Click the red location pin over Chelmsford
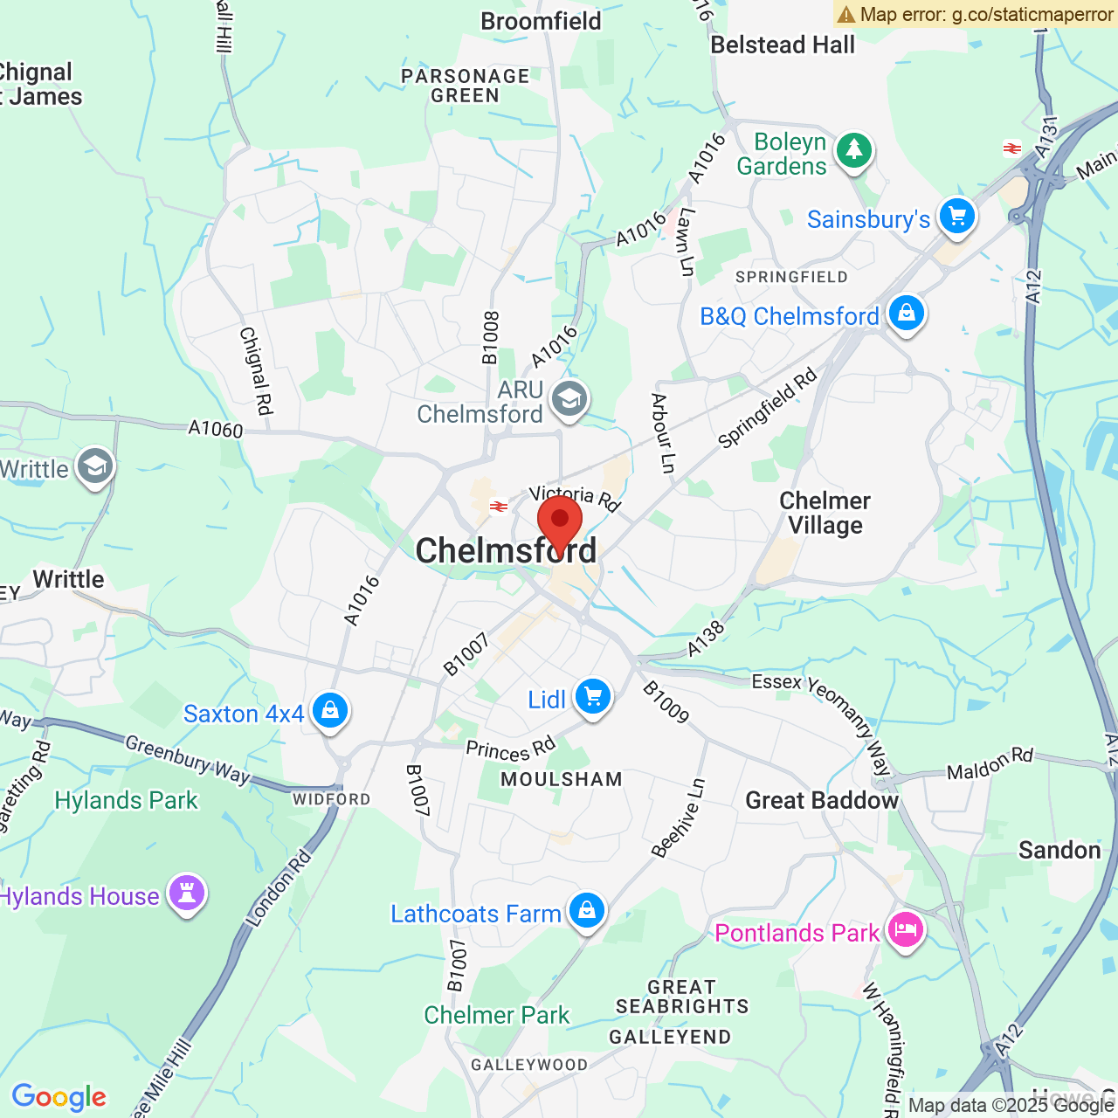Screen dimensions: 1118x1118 pyautogui.click(x=560, y=521)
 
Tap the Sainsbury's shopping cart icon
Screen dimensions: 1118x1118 pyautogui.click(x=956, y=215)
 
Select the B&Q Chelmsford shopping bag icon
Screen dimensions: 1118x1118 pyautogui.click(x=906, y=313)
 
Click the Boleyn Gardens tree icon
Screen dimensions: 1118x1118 pyautogui.click(x=853, y=151)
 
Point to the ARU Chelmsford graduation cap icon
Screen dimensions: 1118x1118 pyautogui.click(x=569, y=400)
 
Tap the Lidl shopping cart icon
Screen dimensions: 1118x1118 pyautogui.click(x=593, y=697)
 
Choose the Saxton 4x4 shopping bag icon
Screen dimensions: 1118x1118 pyautogui.click(x=329, y=711)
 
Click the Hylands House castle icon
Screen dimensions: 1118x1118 pyautogui.click(x=186, y=893)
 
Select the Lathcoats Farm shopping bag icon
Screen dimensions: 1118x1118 pyautogui.click(x=586, y=911)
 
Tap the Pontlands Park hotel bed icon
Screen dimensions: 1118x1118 pyautogui.click(x=905, y=930)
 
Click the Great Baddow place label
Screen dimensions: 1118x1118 pyautogui.click(x=821, y=800)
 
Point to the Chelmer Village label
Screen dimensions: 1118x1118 pyautogui.click(x=825, y=513)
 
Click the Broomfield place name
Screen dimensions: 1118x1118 pyautogui.click(x=541, y=21)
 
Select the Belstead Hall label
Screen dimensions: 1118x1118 pyautogui.click(x=783, y=45)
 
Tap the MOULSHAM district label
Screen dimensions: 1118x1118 pyautogui.click(x=561, y=779)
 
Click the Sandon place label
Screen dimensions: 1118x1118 pyautogui.click(x=1059, y=850)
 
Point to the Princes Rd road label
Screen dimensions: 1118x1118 pyautogui.click(x=511, y=749)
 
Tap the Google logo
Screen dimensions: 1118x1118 pyautogui.click(x=59, y=1097)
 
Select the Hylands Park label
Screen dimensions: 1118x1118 pyautogui.click(x=126, y=800)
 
